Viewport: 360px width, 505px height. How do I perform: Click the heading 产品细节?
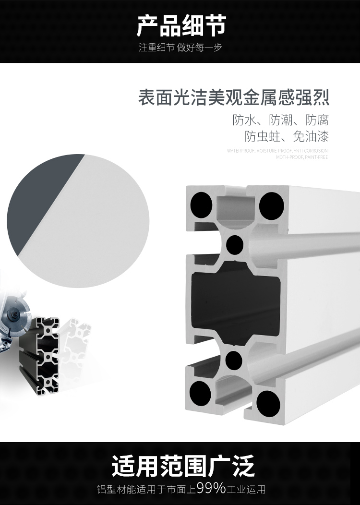point(180,26)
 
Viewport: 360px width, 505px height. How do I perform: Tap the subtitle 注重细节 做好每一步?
point(180,48)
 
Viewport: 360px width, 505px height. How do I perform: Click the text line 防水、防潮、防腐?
point(280,120)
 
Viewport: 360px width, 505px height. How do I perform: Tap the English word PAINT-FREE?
point(316,157)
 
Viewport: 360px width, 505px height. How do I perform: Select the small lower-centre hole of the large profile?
point(234,359)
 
